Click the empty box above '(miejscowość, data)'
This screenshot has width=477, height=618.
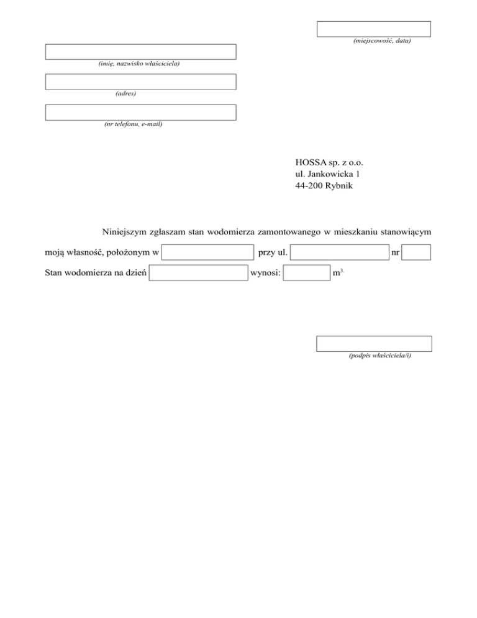pyautogui.click(x=374, y=29)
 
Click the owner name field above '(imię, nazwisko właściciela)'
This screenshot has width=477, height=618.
pyautogui.click(x=140, y=52)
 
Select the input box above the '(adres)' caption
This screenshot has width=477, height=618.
pyautogui.click(x=140, y=81)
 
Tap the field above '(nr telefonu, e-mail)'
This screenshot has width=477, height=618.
pyautogui.click(x=140, y=112)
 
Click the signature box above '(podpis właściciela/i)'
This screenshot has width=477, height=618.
pyautogui.click(x=374, y=344)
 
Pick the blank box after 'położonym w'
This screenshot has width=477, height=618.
pyautogui.click(x=207, y=252)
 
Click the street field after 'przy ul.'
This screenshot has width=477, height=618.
pyautogui.click(x=339, y=252)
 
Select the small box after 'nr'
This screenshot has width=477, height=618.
pyautogui.click(x=420, y=252)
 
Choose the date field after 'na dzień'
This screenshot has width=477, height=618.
pyautogui.click(x=198, y=273)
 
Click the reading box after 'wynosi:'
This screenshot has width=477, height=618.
pyautogui.click(x=306, y=273)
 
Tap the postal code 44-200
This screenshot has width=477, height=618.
pyautogui.click(x=309, y=185)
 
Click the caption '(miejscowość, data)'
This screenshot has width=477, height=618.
pyautogui.click(x=381, y=41)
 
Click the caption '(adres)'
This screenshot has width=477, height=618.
pyautogui.click(x=126, y=94)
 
